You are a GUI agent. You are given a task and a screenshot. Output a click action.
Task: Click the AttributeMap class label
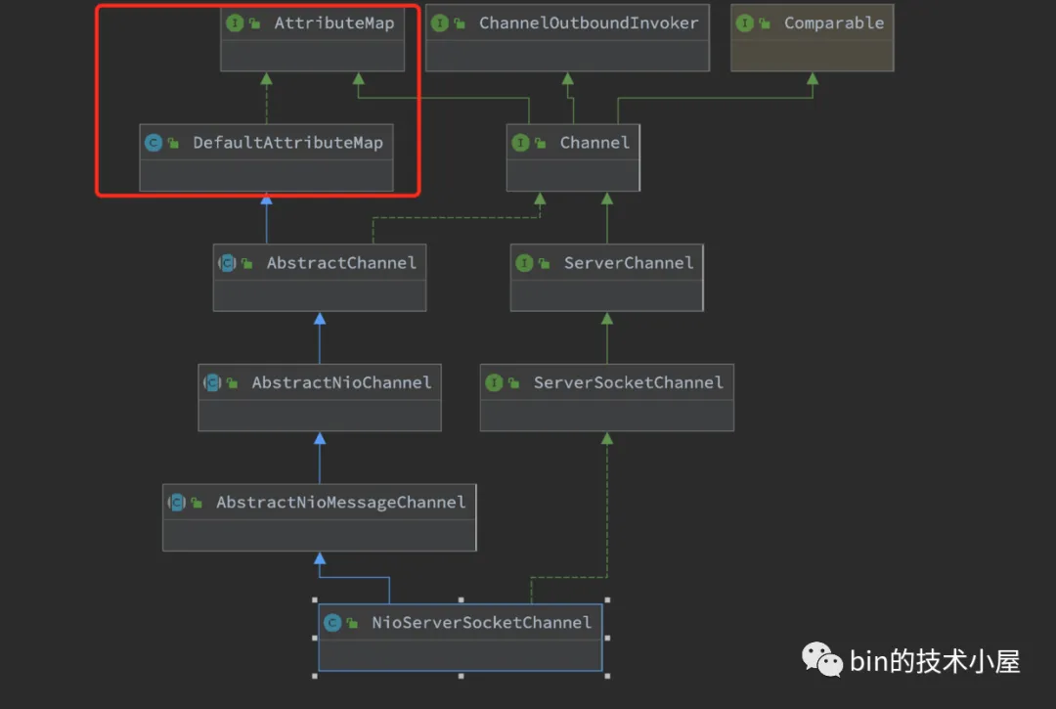(x=333, y=23)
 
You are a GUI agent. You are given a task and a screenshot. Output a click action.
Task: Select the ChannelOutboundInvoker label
(x=589, y=23)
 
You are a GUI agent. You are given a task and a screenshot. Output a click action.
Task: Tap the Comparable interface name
(x=833, y=23)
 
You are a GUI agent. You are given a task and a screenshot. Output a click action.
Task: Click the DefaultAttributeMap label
(x=287, y=143)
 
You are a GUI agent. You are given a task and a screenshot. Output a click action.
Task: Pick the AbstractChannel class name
(x=341, y=263)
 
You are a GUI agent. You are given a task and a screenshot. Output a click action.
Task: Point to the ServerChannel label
(x=628, y=263)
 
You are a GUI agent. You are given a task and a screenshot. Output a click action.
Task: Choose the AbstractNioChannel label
(x=341, y=382)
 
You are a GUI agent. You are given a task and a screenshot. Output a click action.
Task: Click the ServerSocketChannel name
(x=628, y=382)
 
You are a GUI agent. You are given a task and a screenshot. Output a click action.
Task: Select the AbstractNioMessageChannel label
(x=340, y=503)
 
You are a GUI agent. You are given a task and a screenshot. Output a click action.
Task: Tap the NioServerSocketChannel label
(x=481, y=622)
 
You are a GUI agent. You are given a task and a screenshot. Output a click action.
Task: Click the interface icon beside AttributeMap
(x=235, y=23)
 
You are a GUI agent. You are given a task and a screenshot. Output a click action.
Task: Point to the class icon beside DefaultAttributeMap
(x=153, y=143)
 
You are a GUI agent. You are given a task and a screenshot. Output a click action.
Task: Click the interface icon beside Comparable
(x=745, y=23)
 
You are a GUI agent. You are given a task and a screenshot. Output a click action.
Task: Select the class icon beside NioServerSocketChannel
(x=332, y=622)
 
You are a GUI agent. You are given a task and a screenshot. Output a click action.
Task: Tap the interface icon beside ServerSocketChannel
(x=494, y=382)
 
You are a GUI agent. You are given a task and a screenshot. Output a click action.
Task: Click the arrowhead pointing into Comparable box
(x=813, y=78)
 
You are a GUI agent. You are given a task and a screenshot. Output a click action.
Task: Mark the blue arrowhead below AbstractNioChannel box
(x=319, y=439)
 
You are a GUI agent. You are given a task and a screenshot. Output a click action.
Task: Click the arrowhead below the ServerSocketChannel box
(x=607, y=439)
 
